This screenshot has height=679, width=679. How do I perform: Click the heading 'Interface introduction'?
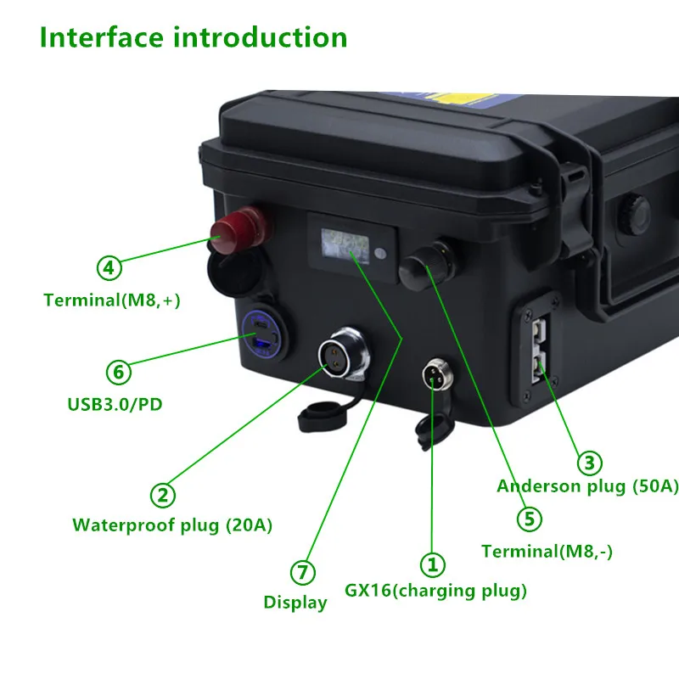click(194, 37)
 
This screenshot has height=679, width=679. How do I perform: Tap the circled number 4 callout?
click(109, 267)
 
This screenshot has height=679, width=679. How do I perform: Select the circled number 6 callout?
click(119, 372)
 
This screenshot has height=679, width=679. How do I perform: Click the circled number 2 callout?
click(163, 495)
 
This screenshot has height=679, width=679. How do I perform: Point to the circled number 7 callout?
click(303, 572)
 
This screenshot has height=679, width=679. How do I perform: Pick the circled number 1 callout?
click(433, 564)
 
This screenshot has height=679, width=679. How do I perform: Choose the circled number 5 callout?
click(530, 519)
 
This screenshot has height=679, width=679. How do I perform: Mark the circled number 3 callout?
click(590, 463)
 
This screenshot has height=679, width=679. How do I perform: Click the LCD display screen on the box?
click(345, 246)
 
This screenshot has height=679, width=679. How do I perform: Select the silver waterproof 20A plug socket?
click(344, 354)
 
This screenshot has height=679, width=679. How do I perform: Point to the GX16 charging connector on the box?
click(438, 373)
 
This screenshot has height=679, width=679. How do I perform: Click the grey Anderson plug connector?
click(539, 350)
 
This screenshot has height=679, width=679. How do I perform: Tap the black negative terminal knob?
click(428, 265)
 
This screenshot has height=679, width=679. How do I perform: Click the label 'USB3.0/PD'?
click(115, 405)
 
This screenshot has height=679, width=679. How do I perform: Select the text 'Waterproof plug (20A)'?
click(172, 525)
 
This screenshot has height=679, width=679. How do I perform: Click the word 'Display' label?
click(295, 603)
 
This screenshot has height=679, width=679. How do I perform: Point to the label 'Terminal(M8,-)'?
click(547, 552)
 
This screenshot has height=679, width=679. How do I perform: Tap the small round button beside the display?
click(380, 253)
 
